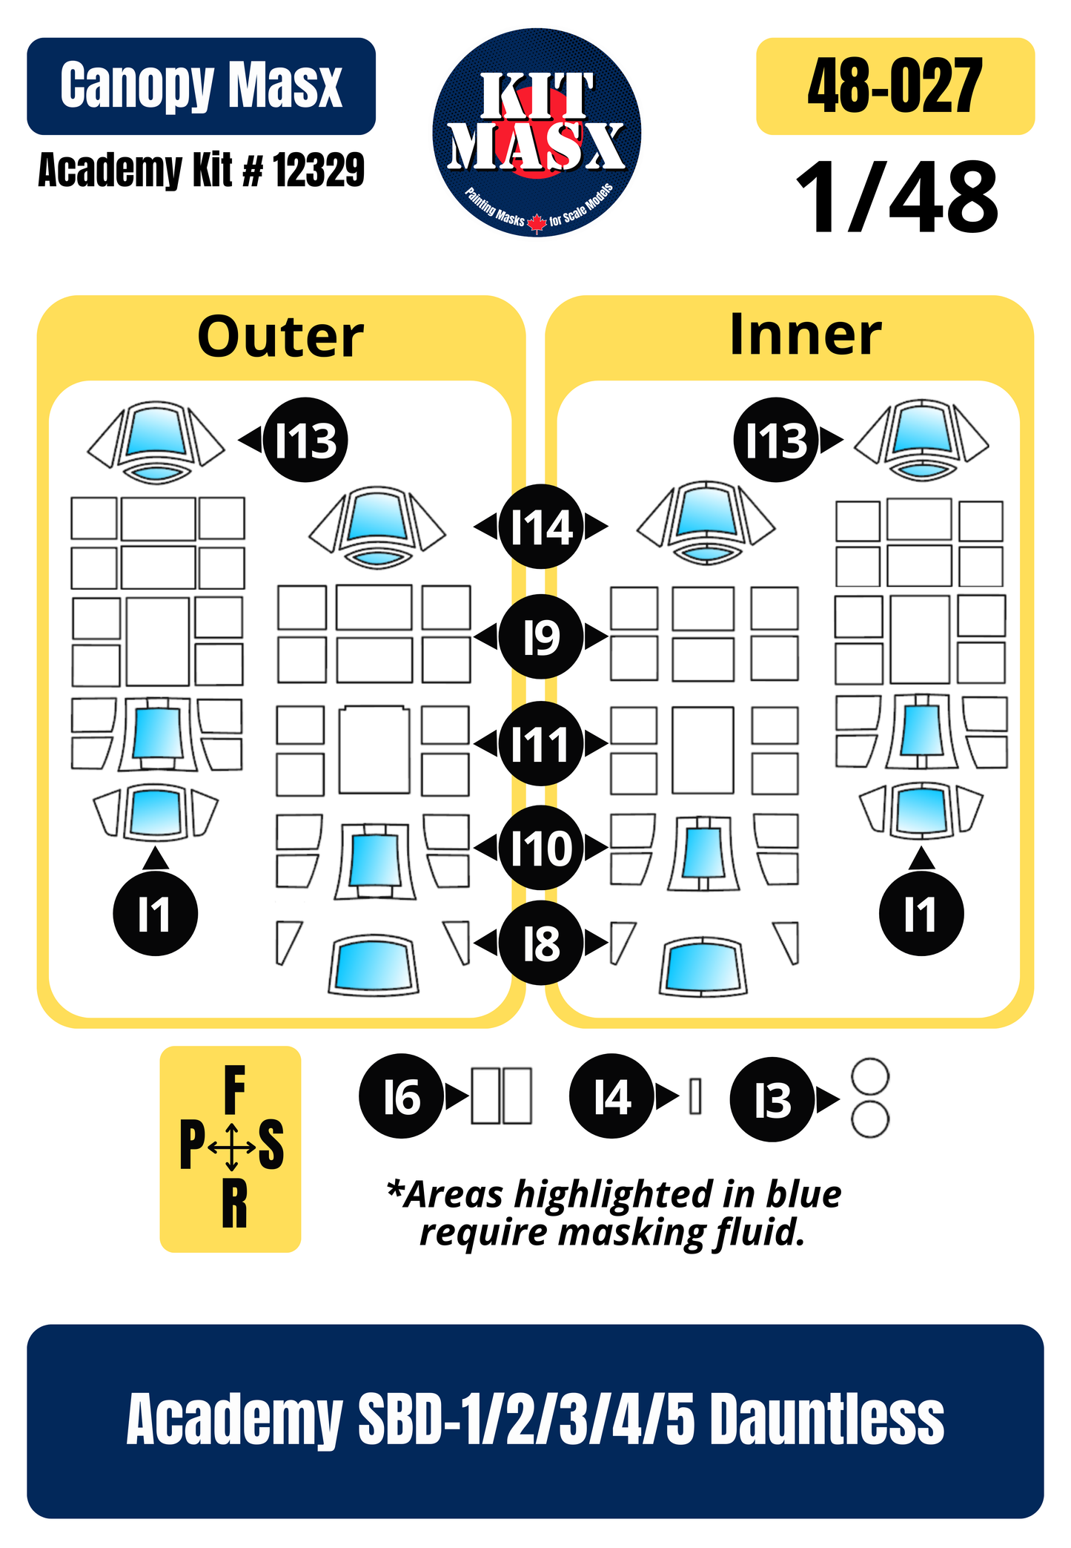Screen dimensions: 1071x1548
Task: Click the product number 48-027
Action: click(895, 86)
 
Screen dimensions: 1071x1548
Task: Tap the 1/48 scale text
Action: click(897, 198)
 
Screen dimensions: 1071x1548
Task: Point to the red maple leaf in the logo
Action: click(537, 223)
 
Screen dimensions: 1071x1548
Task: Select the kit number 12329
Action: click(319, 170)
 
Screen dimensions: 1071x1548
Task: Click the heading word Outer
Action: click(281, 337)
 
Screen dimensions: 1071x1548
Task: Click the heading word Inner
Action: click(806, 335)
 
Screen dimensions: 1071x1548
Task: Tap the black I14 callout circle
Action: click(541, 527)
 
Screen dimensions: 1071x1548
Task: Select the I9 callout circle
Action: click(541, 636)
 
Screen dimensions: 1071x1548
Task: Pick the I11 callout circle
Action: click(541, 743)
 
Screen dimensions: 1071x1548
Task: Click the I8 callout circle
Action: click(541, 943)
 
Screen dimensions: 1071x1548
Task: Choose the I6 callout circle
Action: click(402, 1096)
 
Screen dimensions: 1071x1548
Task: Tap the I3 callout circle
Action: click(772, 1099)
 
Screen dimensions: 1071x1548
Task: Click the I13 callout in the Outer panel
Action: click(305, 440)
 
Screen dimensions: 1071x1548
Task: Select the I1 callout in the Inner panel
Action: click(921, 913)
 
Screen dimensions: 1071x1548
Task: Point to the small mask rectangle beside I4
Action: click(695, 1096)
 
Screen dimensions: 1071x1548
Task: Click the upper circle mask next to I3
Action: click(870, 1077)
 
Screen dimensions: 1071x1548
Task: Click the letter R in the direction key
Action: click(234, 1205)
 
